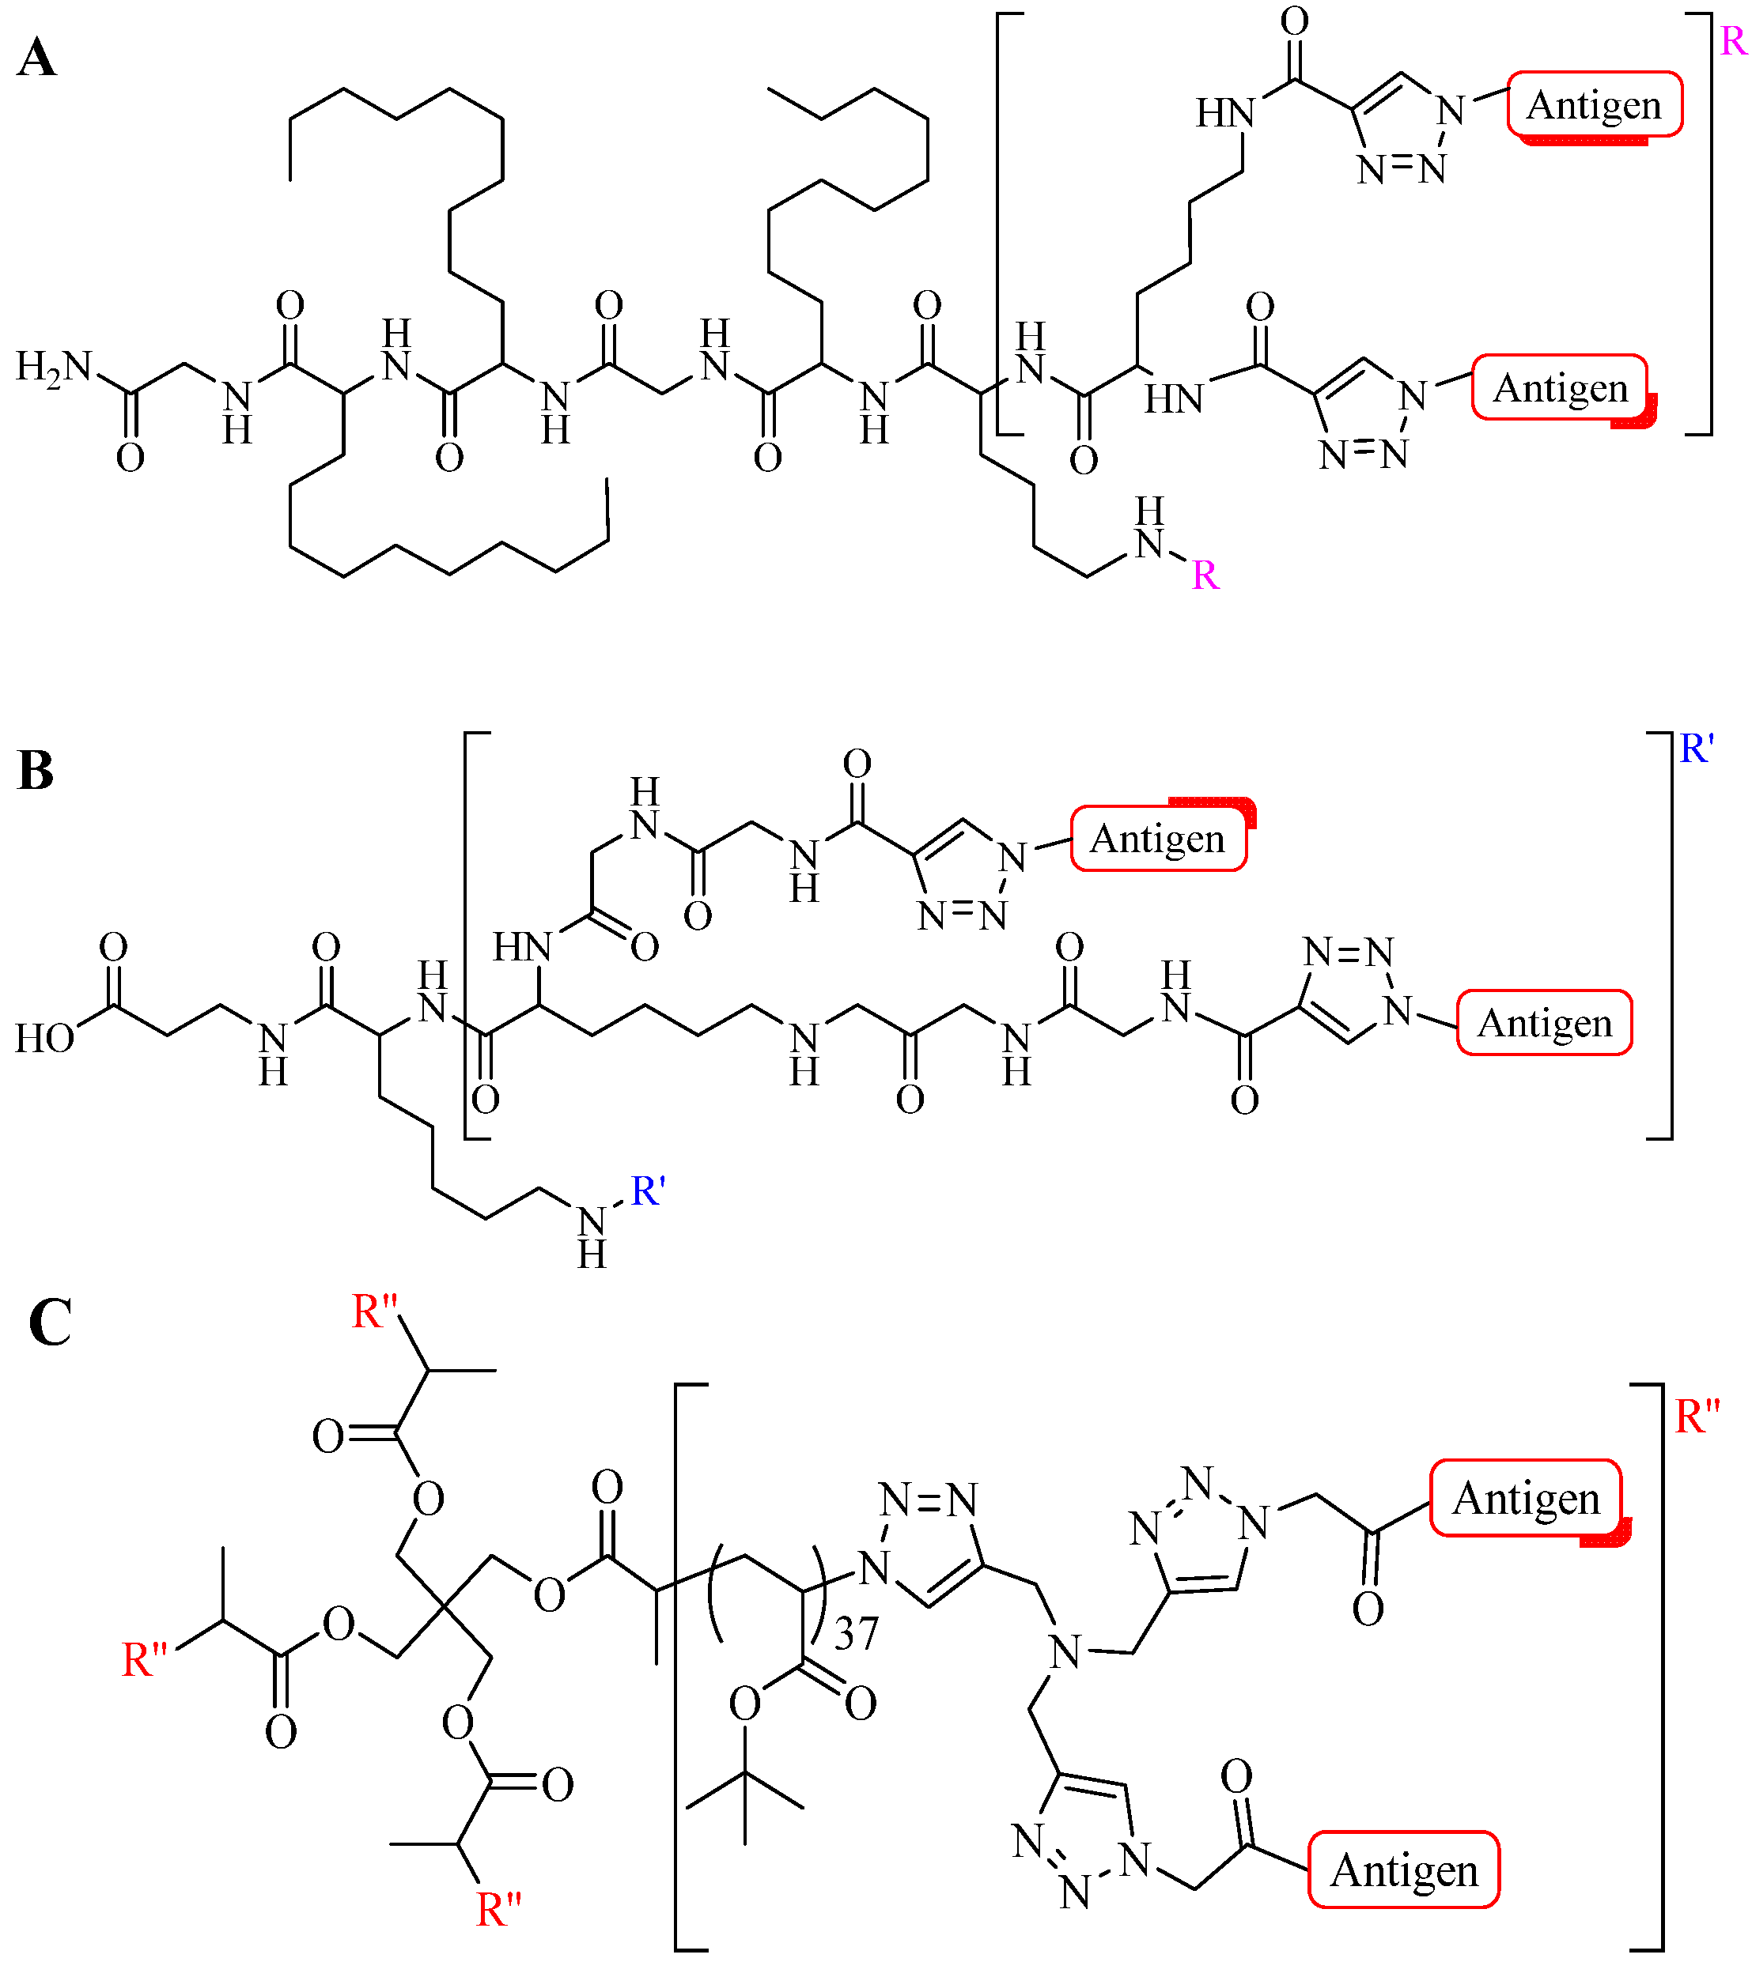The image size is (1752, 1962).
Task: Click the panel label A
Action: tap(36, 58)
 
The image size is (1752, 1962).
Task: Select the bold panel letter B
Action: tap(36, 771)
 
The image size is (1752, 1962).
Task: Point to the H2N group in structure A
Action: tap(54, 367)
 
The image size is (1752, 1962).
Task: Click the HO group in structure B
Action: tap(44, 1038)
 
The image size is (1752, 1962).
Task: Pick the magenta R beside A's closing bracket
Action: tap(1734, 41)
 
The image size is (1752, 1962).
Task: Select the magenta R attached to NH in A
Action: tap(1205, 575)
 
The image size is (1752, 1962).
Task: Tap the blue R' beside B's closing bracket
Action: tap(1697, 748)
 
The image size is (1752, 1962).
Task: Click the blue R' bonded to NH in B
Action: tap(648, 1191)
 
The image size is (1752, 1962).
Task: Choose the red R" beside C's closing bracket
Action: tap(1697, 1417)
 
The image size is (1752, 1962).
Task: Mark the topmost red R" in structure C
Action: tap(376, 1311)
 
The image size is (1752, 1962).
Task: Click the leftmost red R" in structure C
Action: tap(145, 1661)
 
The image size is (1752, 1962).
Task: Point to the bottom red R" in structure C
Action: tap(498, 1910)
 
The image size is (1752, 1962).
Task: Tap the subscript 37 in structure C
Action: tap(856, 1634)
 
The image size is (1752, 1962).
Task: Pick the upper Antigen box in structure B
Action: tap(1158, 839)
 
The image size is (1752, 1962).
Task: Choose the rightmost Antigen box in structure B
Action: tap(1544, 1023)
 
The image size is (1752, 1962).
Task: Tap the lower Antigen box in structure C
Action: tap(1403, 1870)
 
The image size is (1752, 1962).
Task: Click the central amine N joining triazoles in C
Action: tap(1065, 1652)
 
